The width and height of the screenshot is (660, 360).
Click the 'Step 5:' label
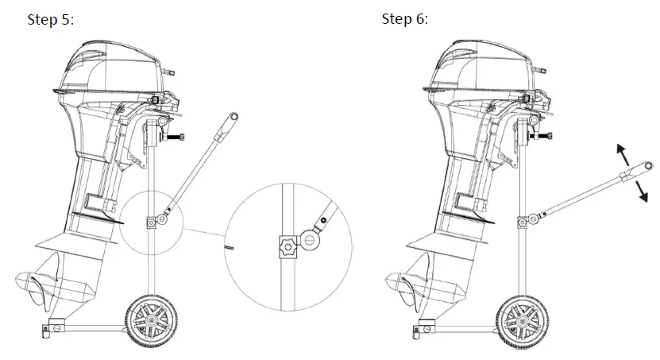(x=51, y=20)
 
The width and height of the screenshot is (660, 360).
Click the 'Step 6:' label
(x=404, y=19)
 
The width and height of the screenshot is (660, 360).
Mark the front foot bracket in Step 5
(x=55, y=326)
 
